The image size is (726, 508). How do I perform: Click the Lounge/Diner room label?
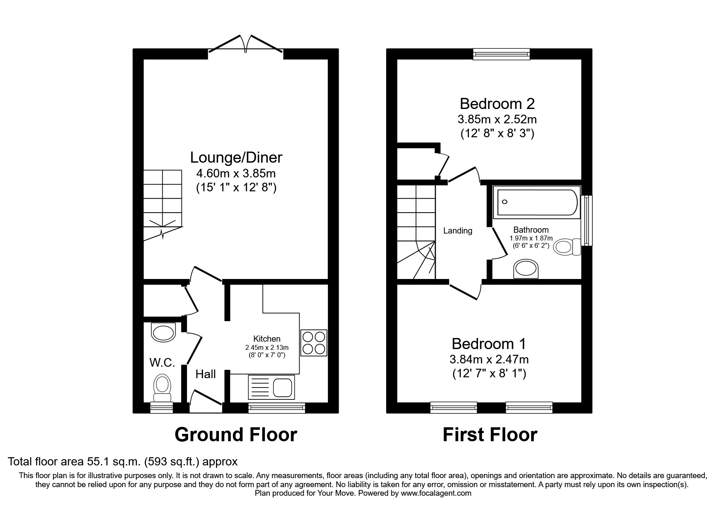click(x=236, y=157)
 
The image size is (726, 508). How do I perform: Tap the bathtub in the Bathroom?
click(x=537, y=202)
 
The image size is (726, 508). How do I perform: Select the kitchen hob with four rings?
click(x=314, y=342)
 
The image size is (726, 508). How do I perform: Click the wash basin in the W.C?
click(x=164, y=332)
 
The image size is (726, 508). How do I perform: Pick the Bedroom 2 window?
click(x=501, y=54)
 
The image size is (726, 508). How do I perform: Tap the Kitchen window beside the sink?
click(x=277, y=408)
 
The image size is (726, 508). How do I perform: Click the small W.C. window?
click(x=162, y=408)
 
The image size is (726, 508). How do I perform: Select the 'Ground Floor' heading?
click(x=236, y=435)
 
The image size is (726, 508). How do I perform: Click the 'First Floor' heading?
click(x=490, y=435)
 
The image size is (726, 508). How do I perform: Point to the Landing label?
click(x=458, y=231)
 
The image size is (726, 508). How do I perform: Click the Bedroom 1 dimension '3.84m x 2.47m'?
click(x=489, y=360)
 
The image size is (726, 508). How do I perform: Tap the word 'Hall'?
click(x=206, y=374)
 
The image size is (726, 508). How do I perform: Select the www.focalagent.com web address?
click(x=436, y=493)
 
